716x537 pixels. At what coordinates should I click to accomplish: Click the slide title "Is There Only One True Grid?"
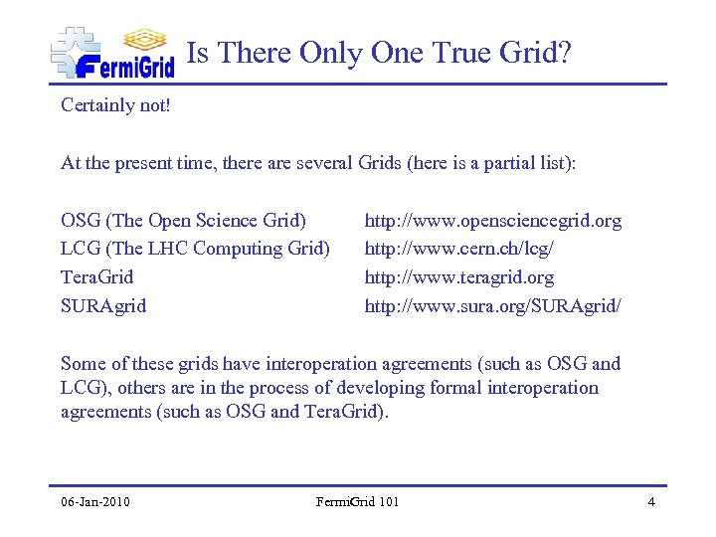coord(379,53)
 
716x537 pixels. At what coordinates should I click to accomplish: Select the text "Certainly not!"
coord(115,104)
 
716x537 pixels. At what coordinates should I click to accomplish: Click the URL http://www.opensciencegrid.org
coord(492,220)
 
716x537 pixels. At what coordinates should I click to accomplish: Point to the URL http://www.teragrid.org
coord(458,277)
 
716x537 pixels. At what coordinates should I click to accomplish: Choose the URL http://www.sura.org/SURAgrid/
coord(493,306)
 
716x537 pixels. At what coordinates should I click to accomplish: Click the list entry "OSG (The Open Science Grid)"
coord(183,220)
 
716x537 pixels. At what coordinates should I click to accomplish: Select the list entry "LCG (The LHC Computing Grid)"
coord(195,249)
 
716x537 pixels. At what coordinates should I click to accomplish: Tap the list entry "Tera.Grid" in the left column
coord(96,277)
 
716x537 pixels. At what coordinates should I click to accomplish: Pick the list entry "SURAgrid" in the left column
coord(103,306)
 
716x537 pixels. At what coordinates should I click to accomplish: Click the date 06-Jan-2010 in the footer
coord(95,501)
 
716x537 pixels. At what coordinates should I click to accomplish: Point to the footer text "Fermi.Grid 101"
coord(357,501)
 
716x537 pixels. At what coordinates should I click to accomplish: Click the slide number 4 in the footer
coord(650,501)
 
